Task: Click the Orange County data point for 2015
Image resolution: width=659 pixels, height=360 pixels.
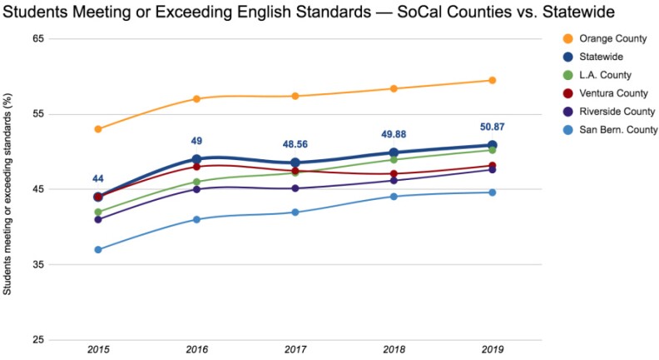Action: point(98,129)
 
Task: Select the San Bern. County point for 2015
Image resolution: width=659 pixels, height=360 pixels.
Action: point(98,249)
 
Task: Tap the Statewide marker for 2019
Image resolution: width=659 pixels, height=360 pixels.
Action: point(493,145)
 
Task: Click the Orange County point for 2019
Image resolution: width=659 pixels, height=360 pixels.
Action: point(493,80)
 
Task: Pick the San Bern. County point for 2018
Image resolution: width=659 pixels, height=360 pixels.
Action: point(394,197)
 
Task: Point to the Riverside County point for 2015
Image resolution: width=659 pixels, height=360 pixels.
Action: point(98,219)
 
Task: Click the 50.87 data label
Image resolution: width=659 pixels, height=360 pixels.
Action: point(493,127)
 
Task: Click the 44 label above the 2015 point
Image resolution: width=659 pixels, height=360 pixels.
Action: point(98,178)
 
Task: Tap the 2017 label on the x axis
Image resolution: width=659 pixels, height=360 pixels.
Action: point(295,348)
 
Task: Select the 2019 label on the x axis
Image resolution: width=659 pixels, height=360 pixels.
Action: point(493,348)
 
